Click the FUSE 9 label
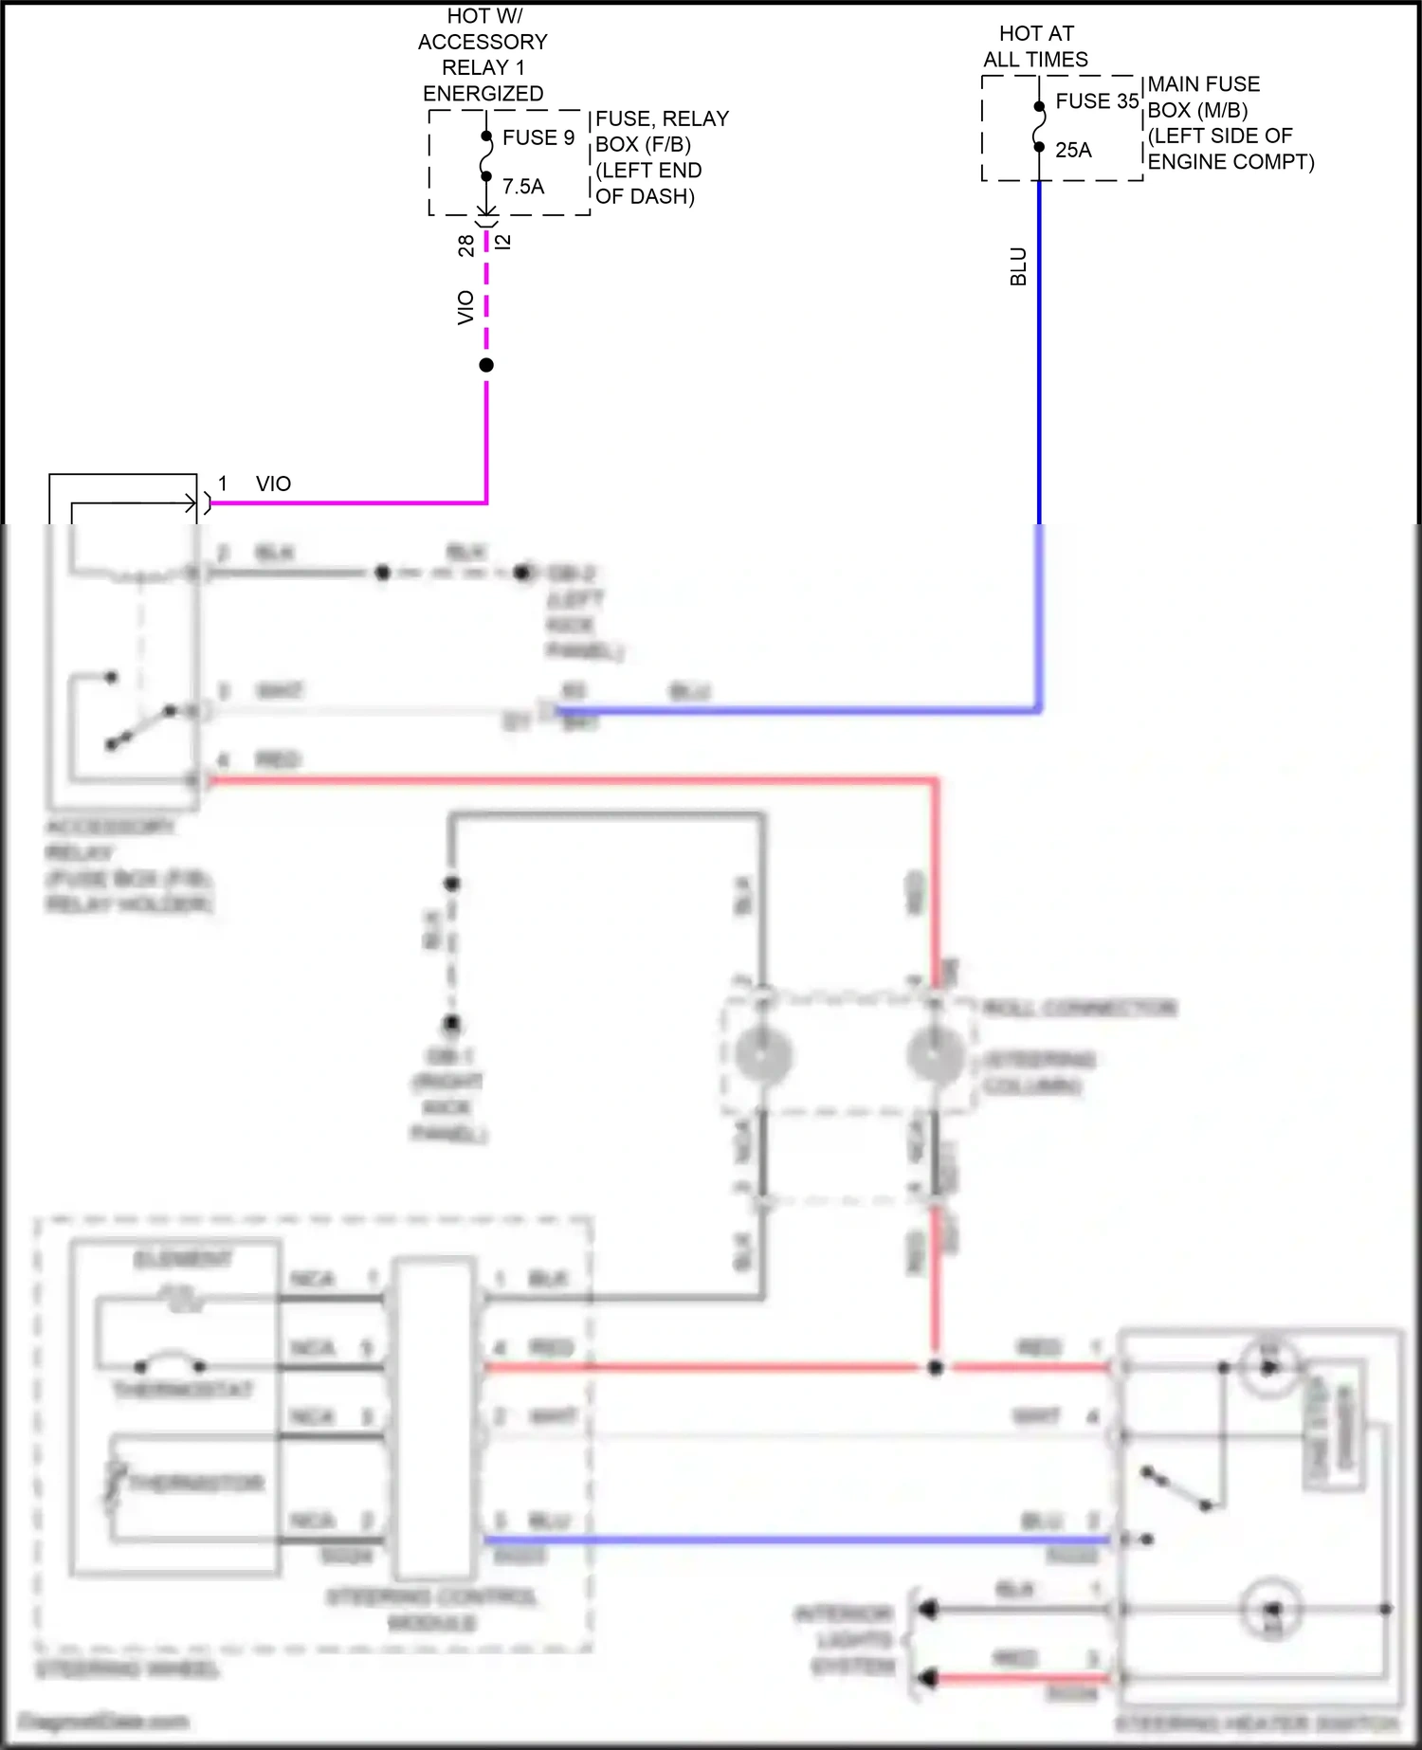coord(538,137)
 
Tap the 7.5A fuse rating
coord(523,187)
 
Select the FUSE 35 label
coord(1097,101)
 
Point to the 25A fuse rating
coord(1073,150)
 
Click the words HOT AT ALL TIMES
coord(1035,46)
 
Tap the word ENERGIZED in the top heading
coord(483,94)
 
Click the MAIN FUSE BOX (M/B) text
coord(1203,97)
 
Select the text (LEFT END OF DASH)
coord(648,183)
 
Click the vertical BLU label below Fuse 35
coord(1018,266)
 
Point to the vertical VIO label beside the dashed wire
coord(465,307)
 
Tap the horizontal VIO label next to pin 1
coord(273,483)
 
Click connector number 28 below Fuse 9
coord(465,246)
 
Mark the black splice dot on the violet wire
coord(486,365)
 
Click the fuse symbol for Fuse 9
coord(486,156)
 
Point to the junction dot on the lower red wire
coord(936,1367)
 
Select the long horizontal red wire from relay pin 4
coord(569,780)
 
